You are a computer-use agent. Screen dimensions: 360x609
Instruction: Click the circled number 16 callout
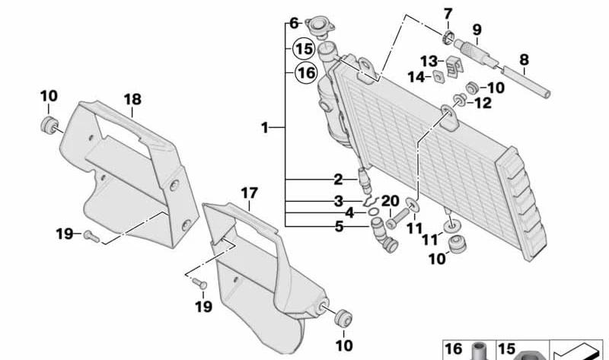(304, 74)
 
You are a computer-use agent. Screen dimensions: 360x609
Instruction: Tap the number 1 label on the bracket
(264, 128)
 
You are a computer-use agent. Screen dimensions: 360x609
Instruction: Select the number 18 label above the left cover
(132, 100)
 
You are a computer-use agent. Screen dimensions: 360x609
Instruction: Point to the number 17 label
(250, 193)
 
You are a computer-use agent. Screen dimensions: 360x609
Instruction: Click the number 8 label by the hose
(524, 58)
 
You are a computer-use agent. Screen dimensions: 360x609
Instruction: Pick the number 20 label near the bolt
(391, 201)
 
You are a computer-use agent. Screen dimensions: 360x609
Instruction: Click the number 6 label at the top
(294, 23)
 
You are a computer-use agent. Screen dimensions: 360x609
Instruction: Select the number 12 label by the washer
(483, 104)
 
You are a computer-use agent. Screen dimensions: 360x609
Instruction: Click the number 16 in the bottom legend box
(454, 349)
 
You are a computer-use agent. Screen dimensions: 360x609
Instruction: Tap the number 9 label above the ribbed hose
(477, 30)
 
